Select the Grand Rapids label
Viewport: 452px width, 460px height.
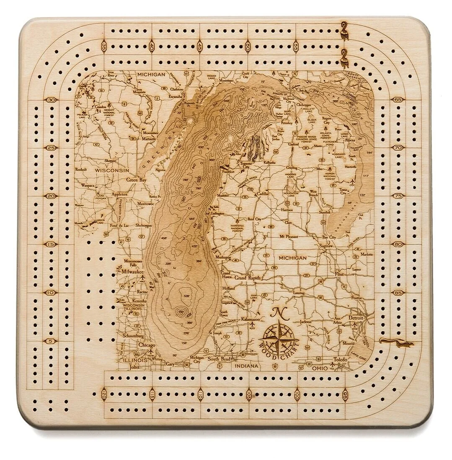pyautogui.click(x=248, y=278)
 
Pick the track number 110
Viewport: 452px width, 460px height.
pyautogui.click(x=200, y=394)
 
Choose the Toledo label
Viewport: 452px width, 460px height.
pyautogui.click(x=341, y=359)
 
